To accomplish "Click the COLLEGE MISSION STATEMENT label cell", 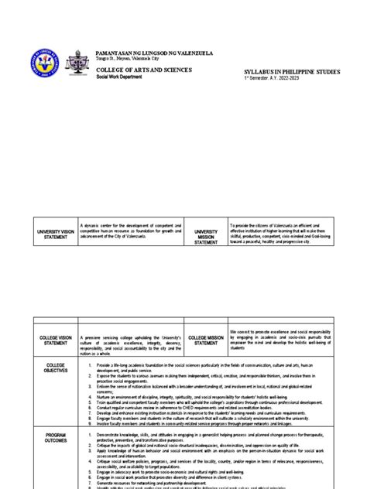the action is point(206,342).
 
